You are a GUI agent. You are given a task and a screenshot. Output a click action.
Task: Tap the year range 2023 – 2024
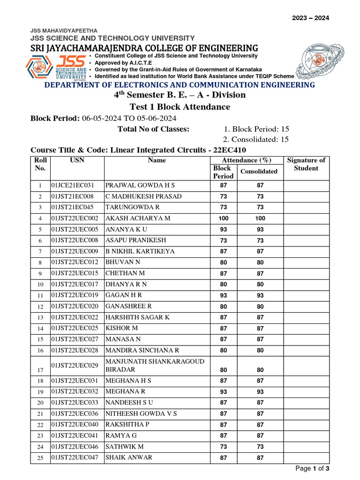pos(311,18)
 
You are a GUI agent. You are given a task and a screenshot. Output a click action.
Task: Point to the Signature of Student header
pos(306,164)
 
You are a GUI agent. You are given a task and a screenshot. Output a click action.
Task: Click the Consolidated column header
pos(259,172)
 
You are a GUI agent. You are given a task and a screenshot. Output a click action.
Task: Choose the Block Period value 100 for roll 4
pos(223,218)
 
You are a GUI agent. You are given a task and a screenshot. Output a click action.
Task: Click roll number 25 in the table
pos(40,458)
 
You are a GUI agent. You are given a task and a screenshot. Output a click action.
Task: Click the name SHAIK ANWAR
pos(129,457)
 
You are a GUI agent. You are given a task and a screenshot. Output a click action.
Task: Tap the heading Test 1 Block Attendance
pos(180,107)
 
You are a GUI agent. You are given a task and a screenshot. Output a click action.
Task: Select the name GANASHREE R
pos(128,306)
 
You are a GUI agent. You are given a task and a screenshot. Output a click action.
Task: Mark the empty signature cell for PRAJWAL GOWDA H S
pos(306,185)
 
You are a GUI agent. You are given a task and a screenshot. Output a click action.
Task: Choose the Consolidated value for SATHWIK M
pos(260,447)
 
